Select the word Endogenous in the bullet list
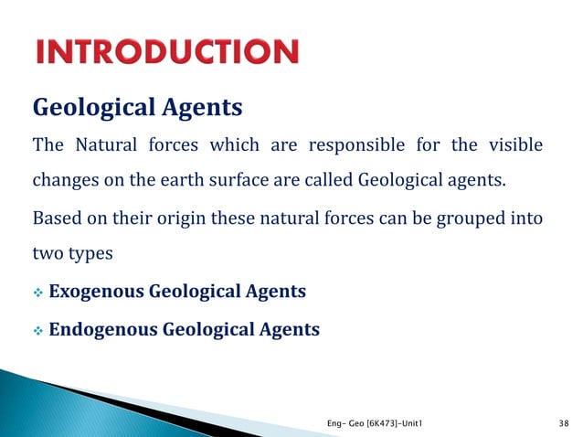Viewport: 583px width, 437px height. tap(103, 328)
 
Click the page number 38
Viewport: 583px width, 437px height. tap(562, 423)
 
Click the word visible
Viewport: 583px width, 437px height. tap(517, 145)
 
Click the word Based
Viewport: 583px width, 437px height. tap(54, 219)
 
